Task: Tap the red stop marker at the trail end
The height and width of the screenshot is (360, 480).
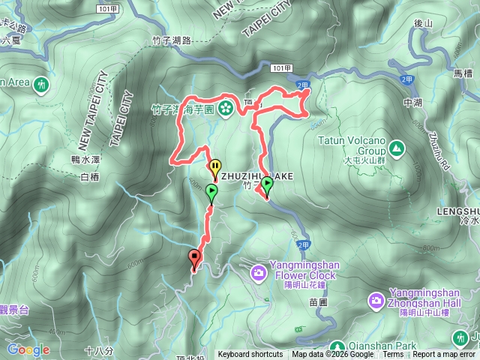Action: (196, 258)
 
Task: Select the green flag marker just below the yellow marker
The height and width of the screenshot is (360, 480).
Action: (212, 193)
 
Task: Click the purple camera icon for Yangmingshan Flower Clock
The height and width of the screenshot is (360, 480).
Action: (258, 271)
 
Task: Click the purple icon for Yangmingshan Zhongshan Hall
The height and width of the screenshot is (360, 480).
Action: (376, 301)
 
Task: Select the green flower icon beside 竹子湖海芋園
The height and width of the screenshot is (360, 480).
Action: (225, 108)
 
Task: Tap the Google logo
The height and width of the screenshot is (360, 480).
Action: (28, 349)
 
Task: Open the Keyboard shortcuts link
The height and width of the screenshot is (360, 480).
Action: (250, 355)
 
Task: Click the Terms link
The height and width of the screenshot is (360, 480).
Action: (393, 355)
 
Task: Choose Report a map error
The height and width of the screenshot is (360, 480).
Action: (444, 355)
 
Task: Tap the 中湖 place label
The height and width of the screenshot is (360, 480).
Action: (412, 103)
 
